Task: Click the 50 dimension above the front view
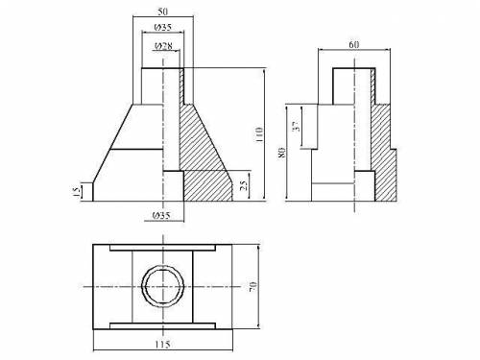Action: pos(162,12)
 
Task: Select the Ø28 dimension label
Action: pos(163,46)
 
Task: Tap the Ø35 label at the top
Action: pos(162,27)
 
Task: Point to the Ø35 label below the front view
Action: pos(161,215)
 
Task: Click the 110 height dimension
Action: pos(259,134)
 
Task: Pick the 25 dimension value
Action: pos(243,185)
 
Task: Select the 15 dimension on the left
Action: pos(77,191)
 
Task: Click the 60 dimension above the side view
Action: pos(353,45)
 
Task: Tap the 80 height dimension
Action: pos(282,153)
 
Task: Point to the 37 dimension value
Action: pos(298,127)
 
